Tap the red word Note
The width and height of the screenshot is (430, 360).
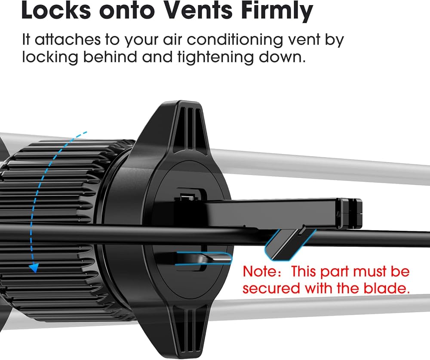point(261,271)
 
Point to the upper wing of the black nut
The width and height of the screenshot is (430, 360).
point(185,125)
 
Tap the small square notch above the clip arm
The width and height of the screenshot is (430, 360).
point(186,196)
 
